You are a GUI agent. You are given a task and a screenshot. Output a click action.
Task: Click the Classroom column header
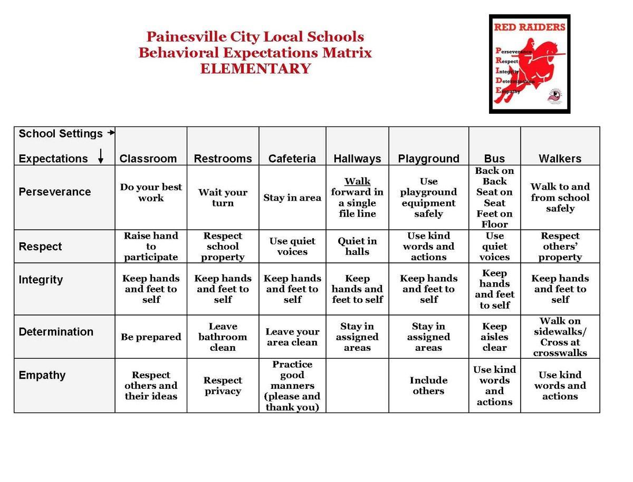[148, 159]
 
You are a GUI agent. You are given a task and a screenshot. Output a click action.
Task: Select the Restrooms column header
[223, 159]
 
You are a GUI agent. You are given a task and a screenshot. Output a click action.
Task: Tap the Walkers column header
[560, 159]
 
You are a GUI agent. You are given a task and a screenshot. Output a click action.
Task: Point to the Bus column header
[494, 159]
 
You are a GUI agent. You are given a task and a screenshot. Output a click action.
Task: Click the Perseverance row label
[55, 192]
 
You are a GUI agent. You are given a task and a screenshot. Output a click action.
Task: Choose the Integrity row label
[41, 280]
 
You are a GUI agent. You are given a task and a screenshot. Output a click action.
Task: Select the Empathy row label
[42, 375]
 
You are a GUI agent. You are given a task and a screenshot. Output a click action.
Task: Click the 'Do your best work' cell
[151, 192]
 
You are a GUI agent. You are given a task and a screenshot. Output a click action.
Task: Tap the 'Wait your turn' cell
[223, 198]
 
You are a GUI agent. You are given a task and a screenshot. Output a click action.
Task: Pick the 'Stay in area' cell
[292, 198]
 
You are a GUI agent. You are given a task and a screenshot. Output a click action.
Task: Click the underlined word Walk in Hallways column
[357, 182]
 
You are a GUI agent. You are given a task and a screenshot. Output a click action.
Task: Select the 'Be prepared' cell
[151, 337]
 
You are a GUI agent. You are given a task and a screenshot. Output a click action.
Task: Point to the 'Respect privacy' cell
[223, 386]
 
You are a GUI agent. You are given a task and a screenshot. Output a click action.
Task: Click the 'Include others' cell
[428, 386]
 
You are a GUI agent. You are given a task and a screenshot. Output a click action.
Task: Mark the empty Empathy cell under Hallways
[357, 386]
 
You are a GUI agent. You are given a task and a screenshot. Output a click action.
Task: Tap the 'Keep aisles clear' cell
[494, 337]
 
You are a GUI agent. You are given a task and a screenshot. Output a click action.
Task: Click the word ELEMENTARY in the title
[255, 69]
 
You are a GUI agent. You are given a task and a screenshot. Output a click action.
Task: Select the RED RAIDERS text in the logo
[530, 27]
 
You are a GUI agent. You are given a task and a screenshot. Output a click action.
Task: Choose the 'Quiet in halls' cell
[357, 246]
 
